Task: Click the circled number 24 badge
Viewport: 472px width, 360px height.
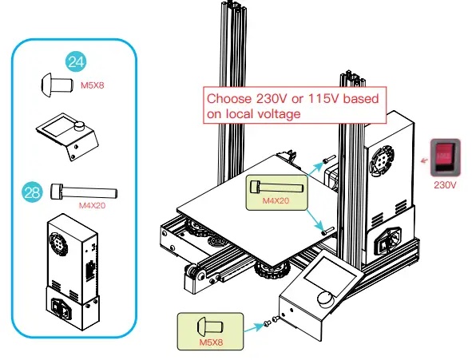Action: pos(76,61)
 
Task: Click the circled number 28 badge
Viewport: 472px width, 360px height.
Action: pos(34,192)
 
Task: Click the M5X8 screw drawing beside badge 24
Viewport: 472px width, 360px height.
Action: pos(50,82)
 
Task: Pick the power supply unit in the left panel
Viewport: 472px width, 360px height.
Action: pos(72,271)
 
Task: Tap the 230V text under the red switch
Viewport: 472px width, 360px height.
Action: pos(445,184)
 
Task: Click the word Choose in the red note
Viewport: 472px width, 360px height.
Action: pos(228,100)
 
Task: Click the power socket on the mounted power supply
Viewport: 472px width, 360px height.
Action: pos(391,239)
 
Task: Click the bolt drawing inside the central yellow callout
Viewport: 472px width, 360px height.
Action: pos(276,186)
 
